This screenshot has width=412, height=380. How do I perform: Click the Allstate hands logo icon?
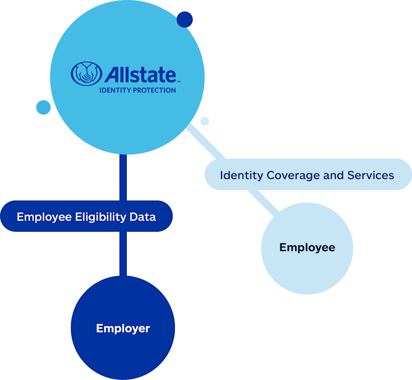(86, 73)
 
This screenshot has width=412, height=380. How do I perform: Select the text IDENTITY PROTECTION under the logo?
(137, 90)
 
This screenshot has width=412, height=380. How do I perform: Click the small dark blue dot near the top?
(185, 20)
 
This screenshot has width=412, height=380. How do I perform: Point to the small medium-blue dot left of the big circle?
(43, 107)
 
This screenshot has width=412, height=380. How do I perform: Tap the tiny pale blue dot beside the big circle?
(205, 121)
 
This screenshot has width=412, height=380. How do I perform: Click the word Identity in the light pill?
(241, 175)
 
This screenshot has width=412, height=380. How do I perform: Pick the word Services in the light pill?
(371, 175)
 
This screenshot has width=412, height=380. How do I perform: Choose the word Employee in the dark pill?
(44, 217)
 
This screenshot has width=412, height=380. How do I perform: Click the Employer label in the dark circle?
(123, 328)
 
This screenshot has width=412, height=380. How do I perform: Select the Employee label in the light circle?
(307, 247)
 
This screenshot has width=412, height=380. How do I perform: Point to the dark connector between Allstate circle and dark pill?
(123, 177)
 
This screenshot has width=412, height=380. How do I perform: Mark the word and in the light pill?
(334, 175)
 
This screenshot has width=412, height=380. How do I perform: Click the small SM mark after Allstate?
(178, 82)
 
